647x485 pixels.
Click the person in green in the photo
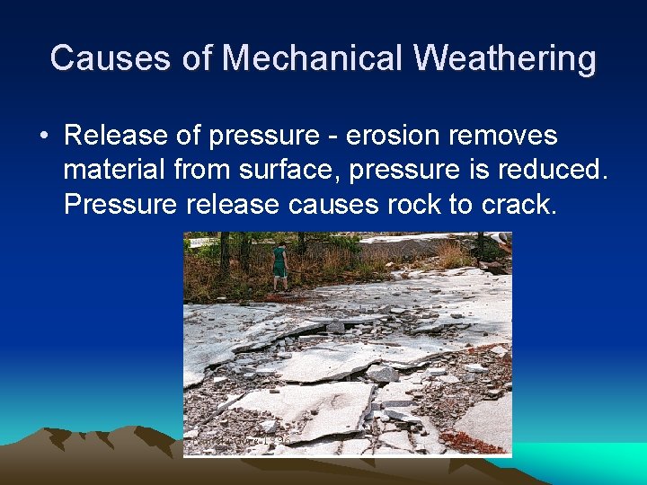click(x=279, y=263)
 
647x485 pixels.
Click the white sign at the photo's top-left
click(x=199, y=242)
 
